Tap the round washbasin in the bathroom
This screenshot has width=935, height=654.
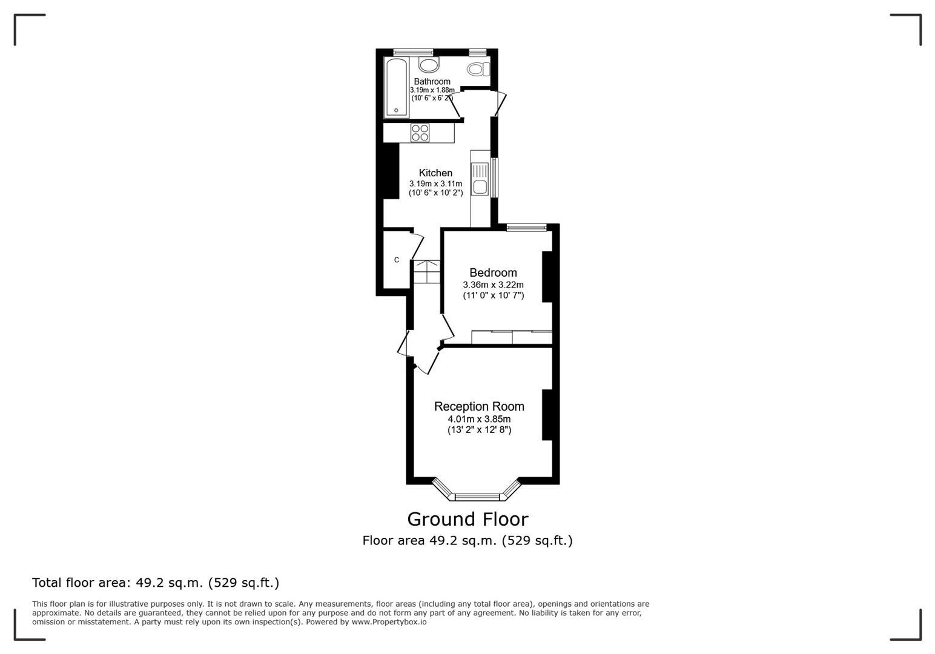[429, 65]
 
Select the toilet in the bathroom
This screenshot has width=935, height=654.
[478, 69]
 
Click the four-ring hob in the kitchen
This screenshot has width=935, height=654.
[420, 133]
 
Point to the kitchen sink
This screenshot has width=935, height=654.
[480, 179]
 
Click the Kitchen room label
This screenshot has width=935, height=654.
[435, 173]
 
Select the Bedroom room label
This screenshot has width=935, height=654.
[493, 272]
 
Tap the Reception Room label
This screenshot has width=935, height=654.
[479, 406]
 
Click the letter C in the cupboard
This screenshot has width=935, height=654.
[397, 260]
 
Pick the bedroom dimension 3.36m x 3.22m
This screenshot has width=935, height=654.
[493, 285]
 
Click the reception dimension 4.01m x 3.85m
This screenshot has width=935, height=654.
[479, 419]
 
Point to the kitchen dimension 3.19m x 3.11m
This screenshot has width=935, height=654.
[435, 184]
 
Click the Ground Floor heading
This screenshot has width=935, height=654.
[468, 519]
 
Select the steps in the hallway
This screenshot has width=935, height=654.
[427, 272]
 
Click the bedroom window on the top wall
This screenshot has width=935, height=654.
[526, 228]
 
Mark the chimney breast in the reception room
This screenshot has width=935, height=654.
[547, 414]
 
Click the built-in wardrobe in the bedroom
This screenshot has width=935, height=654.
[511, 337]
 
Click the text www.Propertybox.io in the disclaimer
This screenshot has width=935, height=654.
[389, 622]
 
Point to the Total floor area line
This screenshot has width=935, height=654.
[156, 583]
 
